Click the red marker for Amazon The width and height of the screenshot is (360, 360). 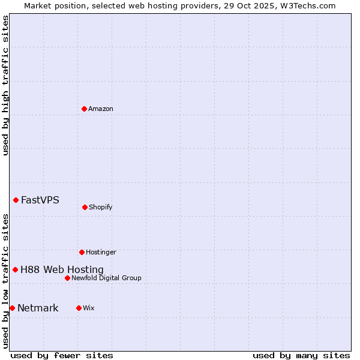click(x=84, y=109)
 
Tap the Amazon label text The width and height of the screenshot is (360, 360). click(x=101, y=109)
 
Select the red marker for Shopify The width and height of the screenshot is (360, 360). click(x=85, y=207)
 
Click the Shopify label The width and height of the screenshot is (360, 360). click(x=101, y=207)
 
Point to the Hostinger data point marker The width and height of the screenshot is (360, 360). click(x=82, y=252)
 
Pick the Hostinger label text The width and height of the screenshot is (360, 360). click(x=101, y=252)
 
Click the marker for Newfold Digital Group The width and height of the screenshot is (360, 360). click(x=67, y=278)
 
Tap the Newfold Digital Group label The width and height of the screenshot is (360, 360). click(x=106, y=278)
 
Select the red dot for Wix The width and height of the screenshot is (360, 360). click(x=79, y=308)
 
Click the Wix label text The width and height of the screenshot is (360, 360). click(x=89, y=308)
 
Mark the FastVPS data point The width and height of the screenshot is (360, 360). click(x=16, y=200)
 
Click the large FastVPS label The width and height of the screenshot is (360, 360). click(x=40, y=200)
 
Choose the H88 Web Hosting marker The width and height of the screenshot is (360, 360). click(x=15, y=269)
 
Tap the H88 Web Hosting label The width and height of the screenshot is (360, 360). click(x=62, y=269)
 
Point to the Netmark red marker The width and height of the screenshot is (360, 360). click(x=12, y=308)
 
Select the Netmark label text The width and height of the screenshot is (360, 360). click(x=38, y=308)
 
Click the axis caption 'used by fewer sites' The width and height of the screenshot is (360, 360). click(x=62, y=355)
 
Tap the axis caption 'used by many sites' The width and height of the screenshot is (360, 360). click(x=301, y=355)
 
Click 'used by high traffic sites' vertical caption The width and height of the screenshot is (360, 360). click(x=5, y=85)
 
